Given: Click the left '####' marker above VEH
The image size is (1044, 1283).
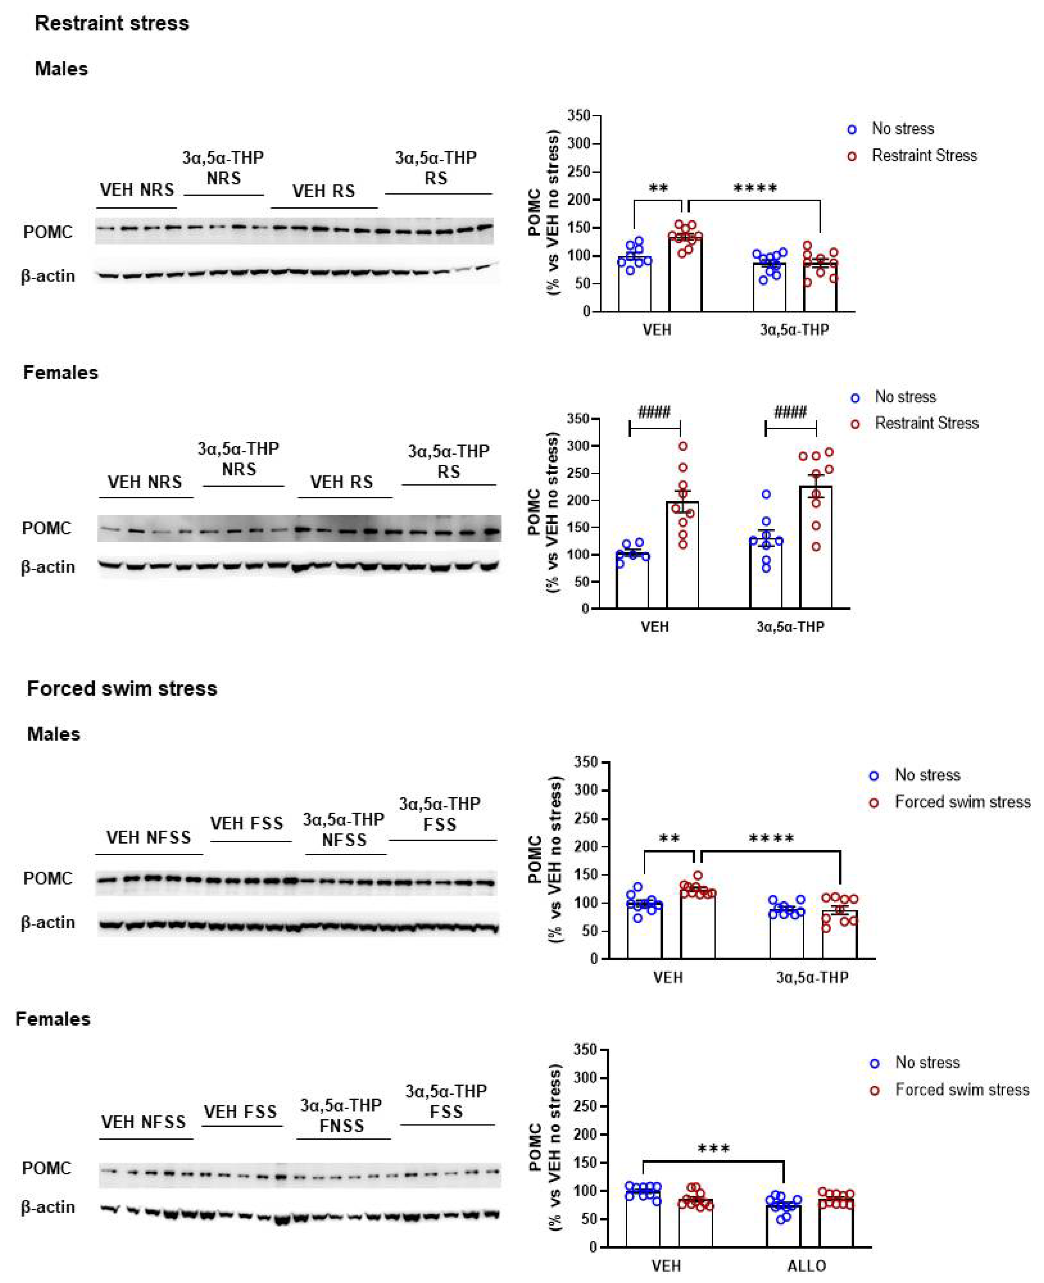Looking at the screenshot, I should click(x=654, y=412).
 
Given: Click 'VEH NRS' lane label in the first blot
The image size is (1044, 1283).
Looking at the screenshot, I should click(x=137, y=190).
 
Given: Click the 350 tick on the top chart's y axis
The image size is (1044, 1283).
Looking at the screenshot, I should click(x=578, y=115).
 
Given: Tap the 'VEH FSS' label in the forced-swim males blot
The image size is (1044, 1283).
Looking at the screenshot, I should click(x=246, y=823).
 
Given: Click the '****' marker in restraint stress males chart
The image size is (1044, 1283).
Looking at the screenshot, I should click(x=755, y=188).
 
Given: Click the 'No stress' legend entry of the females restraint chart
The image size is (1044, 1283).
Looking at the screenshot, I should click(x=905, y=397).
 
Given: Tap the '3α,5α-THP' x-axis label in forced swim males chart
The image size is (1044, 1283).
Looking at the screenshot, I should click(x=812, y=978).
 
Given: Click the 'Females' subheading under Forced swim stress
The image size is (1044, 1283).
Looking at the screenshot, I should click(x=53, y=1019).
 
